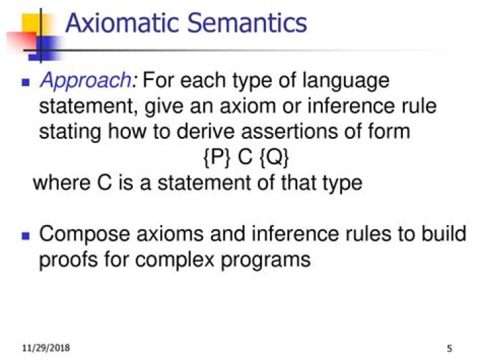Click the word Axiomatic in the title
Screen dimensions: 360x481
coord(122,23)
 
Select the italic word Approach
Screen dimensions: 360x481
coord(87,82)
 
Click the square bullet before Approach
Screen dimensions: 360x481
coord(27,83)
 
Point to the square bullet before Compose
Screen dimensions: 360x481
coord(27,236)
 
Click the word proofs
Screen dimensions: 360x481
coord(71,260)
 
